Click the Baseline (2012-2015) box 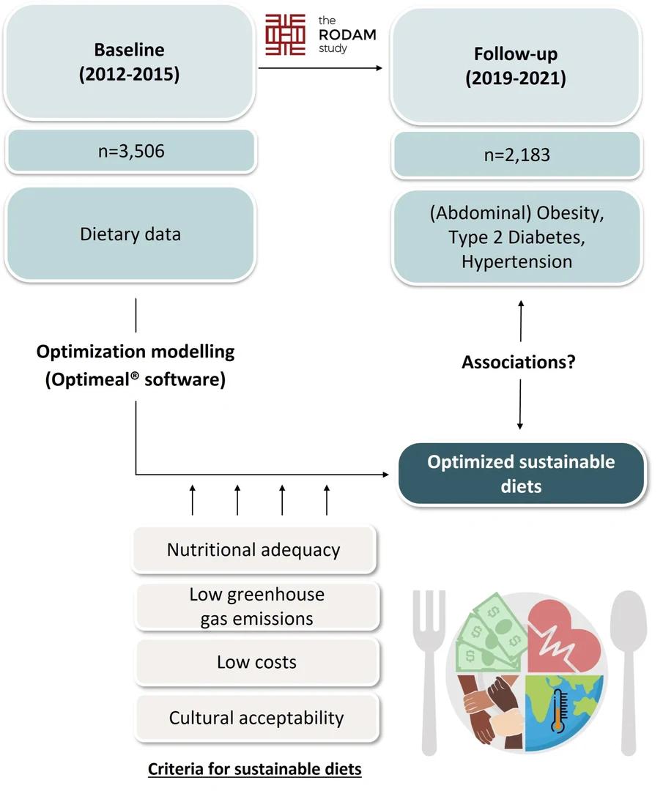click(x=129, y=62)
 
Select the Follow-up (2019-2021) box click(x=516, y=66)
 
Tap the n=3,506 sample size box click(x=131, y=152)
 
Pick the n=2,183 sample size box click(x=516, y=155)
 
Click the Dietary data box click(x=130, y=234)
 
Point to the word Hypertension click(x=516, y=261)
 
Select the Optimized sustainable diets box click(x=521, y=474)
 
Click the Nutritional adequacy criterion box click(x=253, y=549)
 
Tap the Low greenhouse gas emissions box click(x=257, y=606)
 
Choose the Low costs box click(x=257, y=662)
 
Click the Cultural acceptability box click(x=257, y=718)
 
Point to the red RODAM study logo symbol click(x=286, y=34)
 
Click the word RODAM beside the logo click(x=347, y=35)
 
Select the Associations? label click(x=519, y=363)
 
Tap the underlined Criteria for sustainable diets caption click(x=255, y=769)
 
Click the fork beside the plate click(x=429, y=671)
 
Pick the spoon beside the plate click(x=629, y=671)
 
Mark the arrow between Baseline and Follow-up click(x=320, y=68)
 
